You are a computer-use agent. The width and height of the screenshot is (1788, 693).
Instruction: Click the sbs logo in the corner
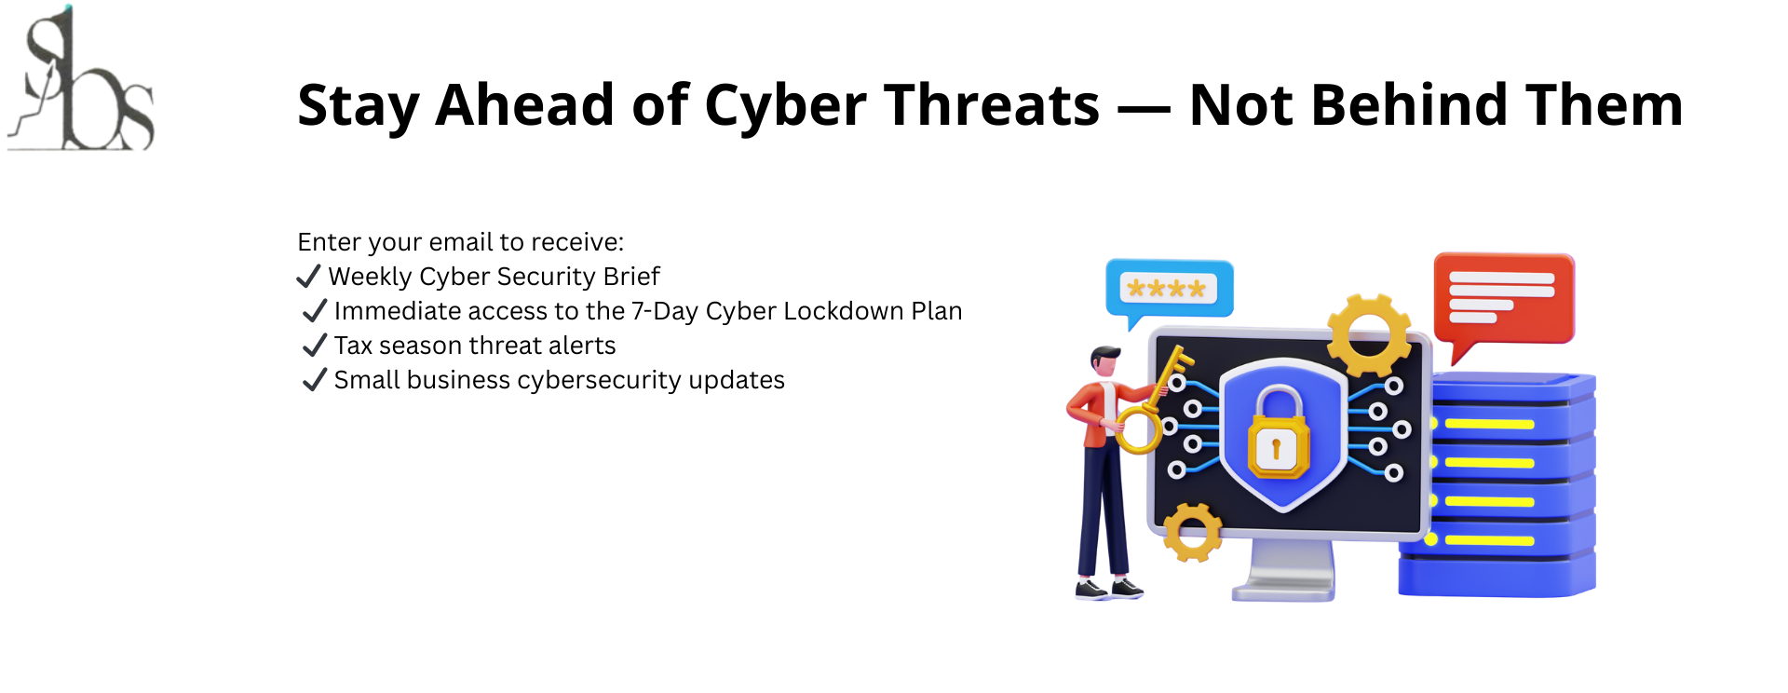coord(81,79)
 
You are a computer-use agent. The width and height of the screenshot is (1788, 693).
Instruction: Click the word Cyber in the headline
coord(786,105)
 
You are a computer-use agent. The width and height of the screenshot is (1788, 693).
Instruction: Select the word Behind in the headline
coord(1409,104)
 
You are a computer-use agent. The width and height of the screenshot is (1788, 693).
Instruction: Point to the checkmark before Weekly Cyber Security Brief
coord(308,277)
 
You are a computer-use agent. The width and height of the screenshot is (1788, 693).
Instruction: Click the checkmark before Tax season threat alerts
coord(315,346)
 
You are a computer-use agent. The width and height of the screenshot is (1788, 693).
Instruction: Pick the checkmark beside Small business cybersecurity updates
coord(315,380)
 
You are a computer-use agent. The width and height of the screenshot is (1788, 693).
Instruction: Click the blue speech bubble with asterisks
coord(1169,292)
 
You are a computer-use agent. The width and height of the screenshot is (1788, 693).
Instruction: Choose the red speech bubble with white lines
coord(1502,304)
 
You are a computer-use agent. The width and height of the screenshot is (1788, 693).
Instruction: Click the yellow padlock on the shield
coord(1278,433)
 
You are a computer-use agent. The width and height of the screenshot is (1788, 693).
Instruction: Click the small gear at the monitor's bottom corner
coord(1192,533)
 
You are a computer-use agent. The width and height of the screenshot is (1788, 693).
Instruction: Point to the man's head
coord(1105,361)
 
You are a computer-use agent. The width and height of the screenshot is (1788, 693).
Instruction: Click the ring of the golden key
coord(1138,431)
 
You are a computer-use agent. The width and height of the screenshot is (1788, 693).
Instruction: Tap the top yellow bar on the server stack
coord(1489,424)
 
